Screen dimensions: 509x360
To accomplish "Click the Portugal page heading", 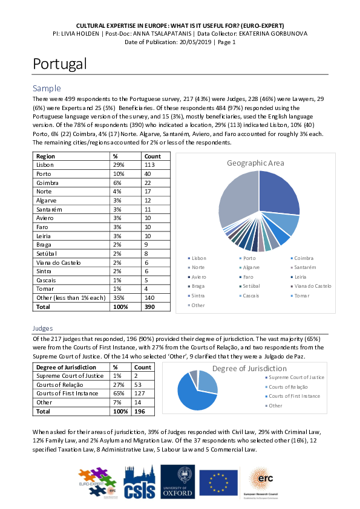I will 60,63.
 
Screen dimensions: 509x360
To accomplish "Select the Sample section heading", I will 47,88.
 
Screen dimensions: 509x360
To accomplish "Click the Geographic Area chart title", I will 255,163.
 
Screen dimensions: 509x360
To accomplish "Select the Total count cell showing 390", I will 149,307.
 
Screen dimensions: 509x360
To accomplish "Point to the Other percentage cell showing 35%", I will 119,298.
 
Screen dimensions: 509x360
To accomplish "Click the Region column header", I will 45,155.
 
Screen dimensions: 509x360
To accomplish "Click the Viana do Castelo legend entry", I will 311,286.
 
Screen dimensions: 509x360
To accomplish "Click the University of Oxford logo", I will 177,481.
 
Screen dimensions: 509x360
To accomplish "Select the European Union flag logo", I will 218,482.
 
